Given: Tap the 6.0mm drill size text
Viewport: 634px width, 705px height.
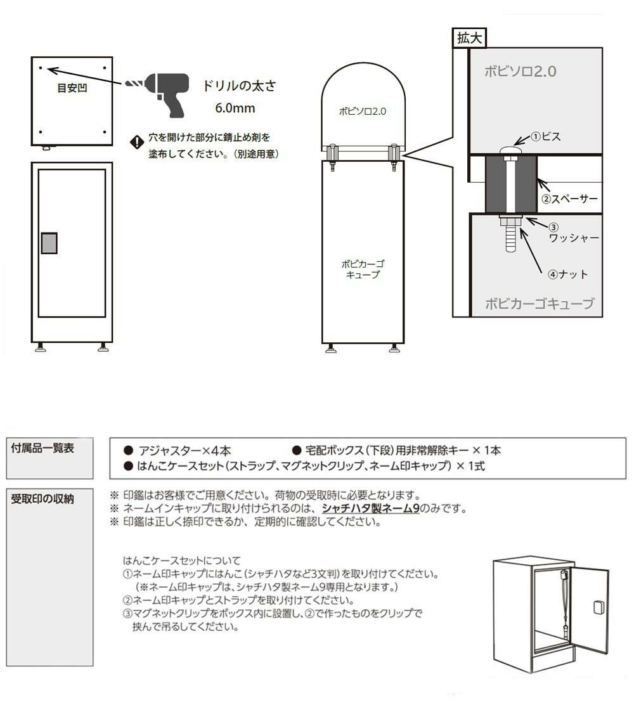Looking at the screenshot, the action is pyautogui.click(x=235, y=108).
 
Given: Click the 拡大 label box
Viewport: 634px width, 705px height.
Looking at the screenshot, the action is pyautogui.click(x=469, y=38).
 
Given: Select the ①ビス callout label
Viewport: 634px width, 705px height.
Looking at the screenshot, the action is pyautogui.click(x=546, y=137).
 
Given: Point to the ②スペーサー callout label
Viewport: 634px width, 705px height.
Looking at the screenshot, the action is pyautogui.click(x=569, y=198).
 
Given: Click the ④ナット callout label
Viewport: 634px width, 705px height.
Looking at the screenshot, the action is pyautogui.click(x=568, y=275).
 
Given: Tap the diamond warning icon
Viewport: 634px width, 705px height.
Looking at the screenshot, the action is pyautogui.click(x=137, y=143).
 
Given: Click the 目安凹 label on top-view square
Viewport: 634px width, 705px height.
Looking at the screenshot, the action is pyautogui.click(x=72, y=87).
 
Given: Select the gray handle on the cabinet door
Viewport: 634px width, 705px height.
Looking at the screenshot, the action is pyautogui.click(x=49, y=243).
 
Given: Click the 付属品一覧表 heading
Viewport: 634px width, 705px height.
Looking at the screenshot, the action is pyautogui.click(x=42, y=448).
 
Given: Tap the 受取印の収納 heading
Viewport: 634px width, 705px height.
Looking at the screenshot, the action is pyautogui.click(x=42, y=498).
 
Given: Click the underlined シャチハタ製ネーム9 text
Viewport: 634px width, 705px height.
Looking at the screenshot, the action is pyautogui.click(x=370, y=508).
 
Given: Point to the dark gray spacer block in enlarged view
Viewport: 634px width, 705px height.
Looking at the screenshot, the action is pyautogui.click(x=511, y=184).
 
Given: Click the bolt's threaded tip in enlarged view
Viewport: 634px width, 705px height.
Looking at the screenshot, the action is pyautogui.click(x=511, y=238).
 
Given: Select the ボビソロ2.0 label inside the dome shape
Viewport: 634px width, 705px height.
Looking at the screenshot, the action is pyautogui.click(x=363, y=112).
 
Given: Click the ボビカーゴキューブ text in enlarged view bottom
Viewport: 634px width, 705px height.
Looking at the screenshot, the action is pyautogui.click(x=540, y=304).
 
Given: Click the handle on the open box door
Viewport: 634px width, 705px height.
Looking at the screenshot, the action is pyautogui.click(x=598, y=607).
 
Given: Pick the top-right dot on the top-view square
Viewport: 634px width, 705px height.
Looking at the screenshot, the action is pyautogui.click(x=105, y=68).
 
